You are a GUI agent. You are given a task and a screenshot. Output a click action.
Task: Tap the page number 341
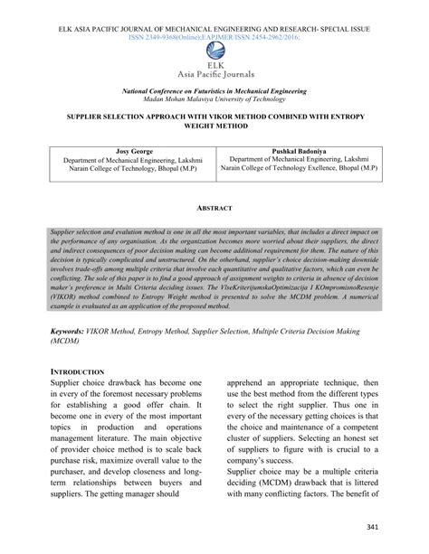coord(396,527)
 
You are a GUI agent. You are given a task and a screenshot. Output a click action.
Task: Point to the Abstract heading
coord(214,208)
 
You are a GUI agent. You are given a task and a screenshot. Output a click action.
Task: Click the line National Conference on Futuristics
coord(214,91)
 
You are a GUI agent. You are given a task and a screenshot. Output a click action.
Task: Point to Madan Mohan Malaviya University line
coord(214,100)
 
